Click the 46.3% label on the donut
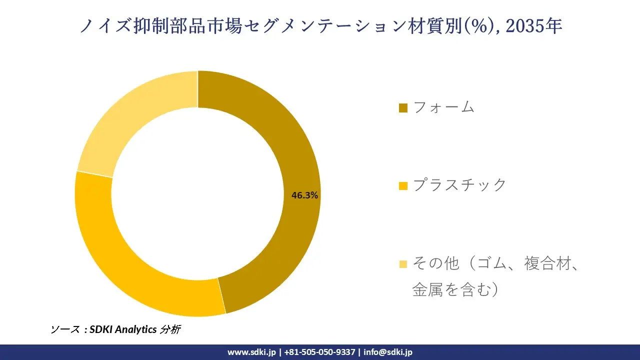click(x=305, y=195)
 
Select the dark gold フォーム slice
click(x=280, y=125)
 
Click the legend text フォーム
click(x=444, y=107)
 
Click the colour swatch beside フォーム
click(x=403, y=107)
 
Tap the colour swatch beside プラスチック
click(x=403, y=185)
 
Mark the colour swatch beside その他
click(x=403, y=263)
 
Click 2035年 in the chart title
click(x=533, y=26)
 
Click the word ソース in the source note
click(x=65, y=329)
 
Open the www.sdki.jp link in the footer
click(x=251, y=352)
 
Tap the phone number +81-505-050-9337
click(x=319, y=352)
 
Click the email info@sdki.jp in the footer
click(x=388, y=352)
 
